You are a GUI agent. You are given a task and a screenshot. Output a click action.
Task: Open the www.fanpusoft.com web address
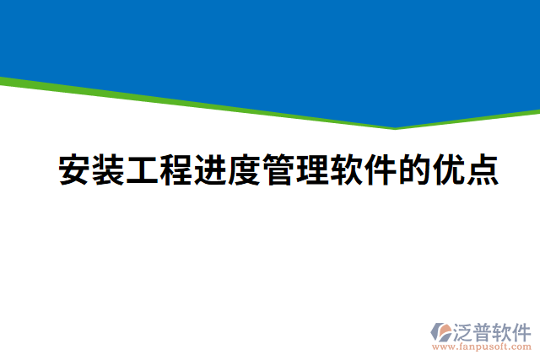tap(481, 347)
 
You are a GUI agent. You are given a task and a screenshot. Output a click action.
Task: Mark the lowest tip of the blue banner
tap(395, 127)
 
